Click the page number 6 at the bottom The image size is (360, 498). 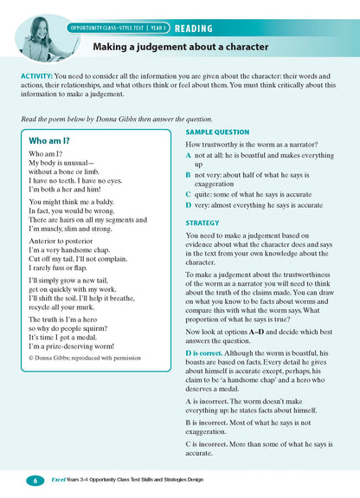click(35, 480)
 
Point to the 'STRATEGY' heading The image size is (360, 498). click(203, 223)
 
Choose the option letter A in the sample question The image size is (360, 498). click(189, 155)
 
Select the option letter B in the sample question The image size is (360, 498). click(189, 174)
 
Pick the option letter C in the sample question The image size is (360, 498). click(189, 194)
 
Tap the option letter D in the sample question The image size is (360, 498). click(189, 204)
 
